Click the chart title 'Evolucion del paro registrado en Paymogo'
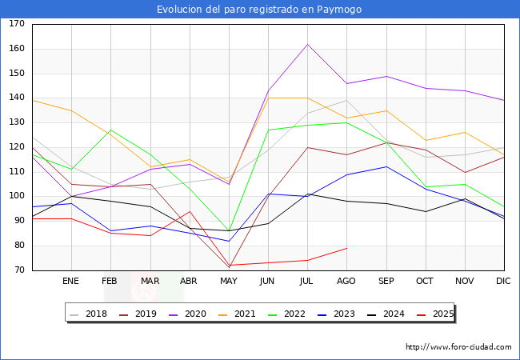coord(259,10)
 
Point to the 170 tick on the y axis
coord(17,24)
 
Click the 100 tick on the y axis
coord(17,197)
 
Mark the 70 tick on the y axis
coord(17,270)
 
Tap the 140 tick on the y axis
coord(17,98)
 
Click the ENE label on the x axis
coord(71,282)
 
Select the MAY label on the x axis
coord(229,282)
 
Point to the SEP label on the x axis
coord(386,282)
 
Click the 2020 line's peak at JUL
coord(307,44)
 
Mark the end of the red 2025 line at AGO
coord(346,248)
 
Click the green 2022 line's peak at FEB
coord(110,130)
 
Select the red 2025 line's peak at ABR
coord(189,211)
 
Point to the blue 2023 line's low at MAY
coord(229,241)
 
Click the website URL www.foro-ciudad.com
coord(458,347)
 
